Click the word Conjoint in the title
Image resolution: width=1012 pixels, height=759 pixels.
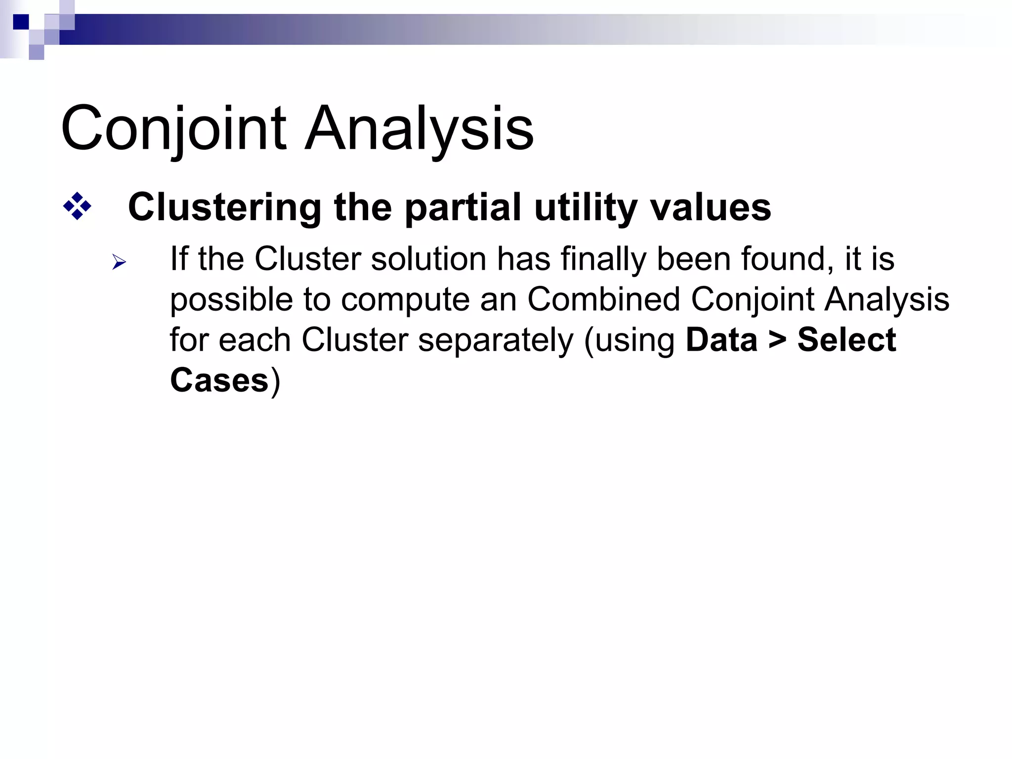click(x=173, y=129)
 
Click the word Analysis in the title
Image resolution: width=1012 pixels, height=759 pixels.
click(x=419, y=129)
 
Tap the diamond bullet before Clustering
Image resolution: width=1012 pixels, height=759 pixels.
click(x=77, y=206)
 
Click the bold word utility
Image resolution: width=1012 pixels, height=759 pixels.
click(x=586, y=207)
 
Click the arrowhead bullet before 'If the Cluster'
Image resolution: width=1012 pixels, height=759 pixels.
click(x=119, y=262)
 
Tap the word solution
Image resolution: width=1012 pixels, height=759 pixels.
click(x=428, y=259)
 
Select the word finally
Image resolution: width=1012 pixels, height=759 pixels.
click(x=604, y=259)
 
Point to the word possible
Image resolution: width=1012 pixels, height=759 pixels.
click(x=231, y=300)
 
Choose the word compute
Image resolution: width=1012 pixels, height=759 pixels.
click(x=405, y=300)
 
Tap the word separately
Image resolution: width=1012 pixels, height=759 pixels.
click(x=496, y=341)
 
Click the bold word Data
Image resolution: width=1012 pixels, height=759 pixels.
click(x=721, y=340)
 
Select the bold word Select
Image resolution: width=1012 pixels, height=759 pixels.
click(x=846, y=340)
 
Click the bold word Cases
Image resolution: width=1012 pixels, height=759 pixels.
click(x=219, y=381)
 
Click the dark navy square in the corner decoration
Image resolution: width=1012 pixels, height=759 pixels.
click(x=21, y=22)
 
